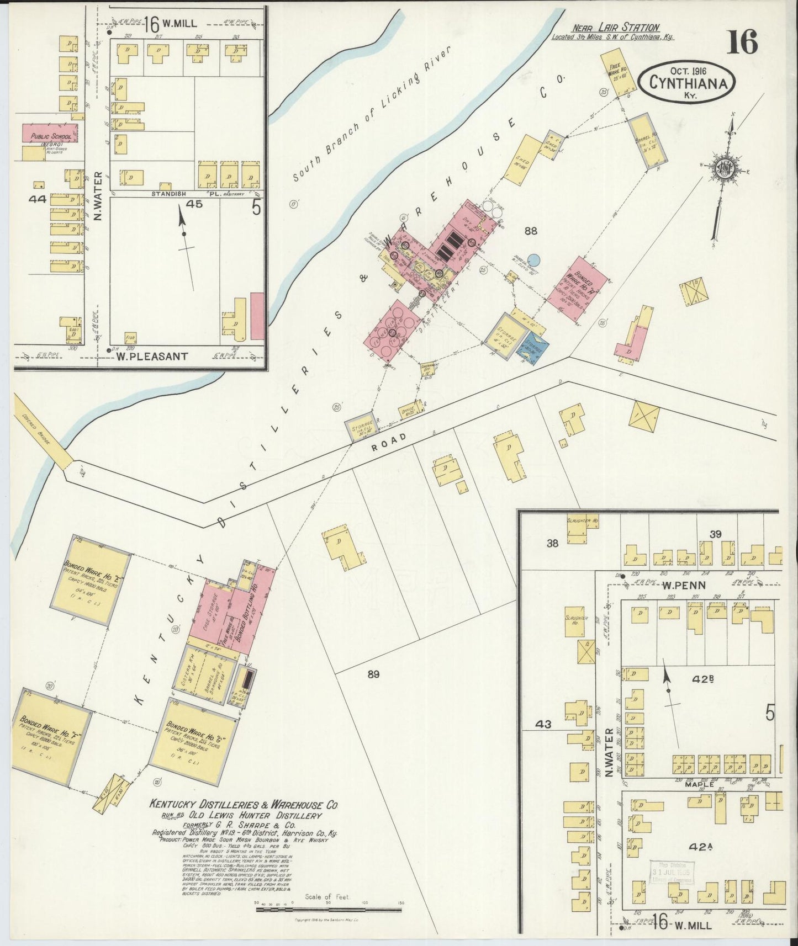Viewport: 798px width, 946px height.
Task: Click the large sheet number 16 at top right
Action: coord(742,42)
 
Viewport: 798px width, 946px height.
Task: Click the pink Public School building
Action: coord(49,133)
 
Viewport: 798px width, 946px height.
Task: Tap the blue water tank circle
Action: coord(533,259)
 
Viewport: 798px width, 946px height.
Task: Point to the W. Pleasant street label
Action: coord(151,357)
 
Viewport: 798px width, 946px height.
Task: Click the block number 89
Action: coord(374,673)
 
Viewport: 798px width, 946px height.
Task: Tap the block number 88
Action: coord(531,231)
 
